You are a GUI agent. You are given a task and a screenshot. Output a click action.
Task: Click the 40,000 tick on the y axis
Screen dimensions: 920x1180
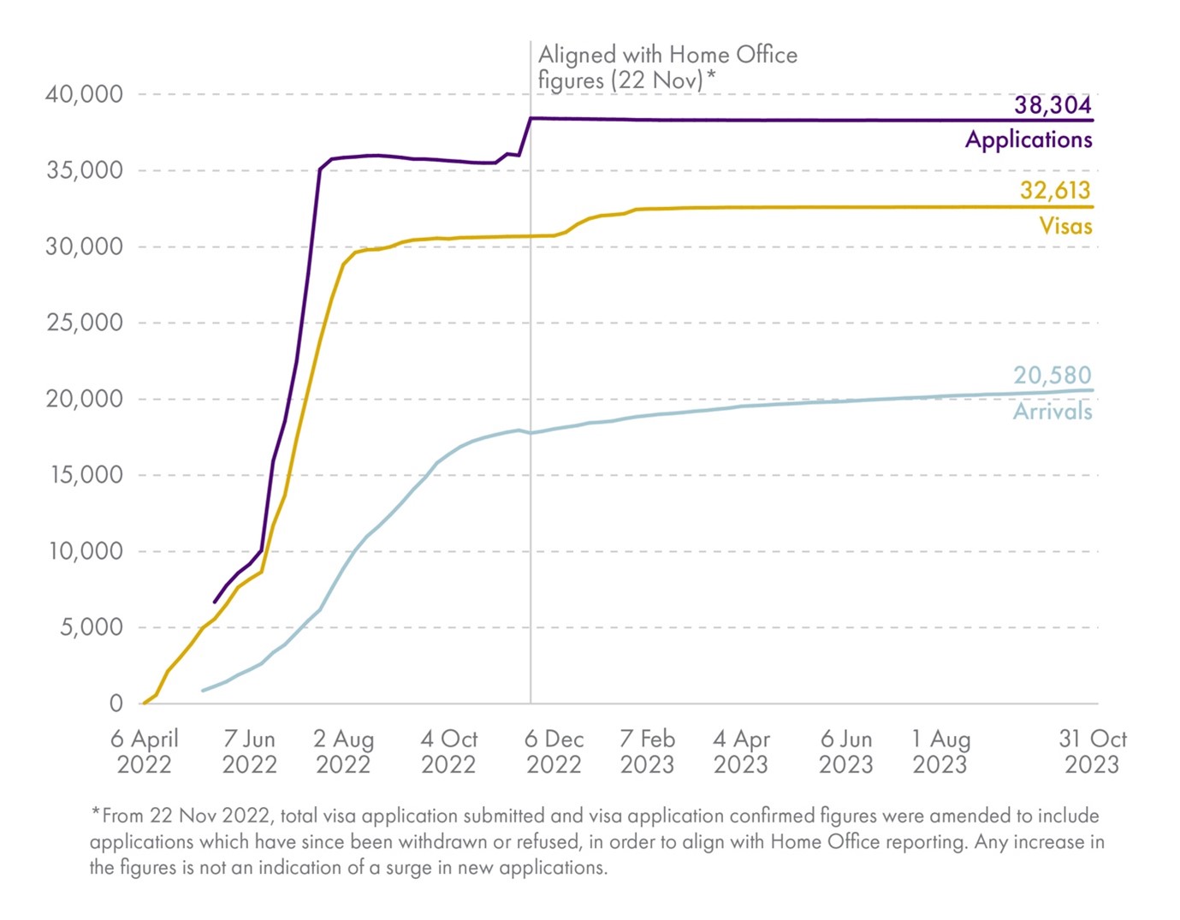tap(84, 94)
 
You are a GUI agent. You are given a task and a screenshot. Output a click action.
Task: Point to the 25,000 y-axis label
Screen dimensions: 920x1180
tap(84, 323)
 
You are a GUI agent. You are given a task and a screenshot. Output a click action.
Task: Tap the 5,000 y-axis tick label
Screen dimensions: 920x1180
tap(91, 627)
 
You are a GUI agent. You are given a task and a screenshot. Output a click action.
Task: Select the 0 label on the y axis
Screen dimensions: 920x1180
tap(116, 703)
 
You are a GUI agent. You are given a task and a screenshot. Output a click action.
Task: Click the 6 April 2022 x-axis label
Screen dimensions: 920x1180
tap(144, 751)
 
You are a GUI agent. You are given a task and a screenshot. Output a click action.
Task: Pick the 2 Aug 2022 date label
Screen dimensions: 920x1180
tap(343, 751)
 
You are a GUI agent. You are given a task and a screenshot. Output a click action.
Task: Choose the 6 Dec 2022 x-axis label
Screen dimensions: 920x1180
tap(554, 751)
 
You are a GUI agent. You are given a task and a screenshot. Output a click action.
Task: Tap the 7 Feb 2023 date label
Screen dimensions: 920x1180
tap(647, 751)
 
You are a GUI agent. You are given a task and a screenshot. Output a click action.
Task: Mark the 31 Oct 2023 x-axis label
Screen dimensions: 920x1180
tap(1092, 751)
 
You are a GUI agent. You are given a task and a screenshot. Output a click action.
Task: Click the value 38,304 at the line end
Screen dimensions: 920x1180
tap(1053, 105)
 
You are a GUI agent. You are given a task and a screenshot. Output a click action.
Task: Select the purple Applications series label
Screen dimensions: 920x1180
tap(1029, 139)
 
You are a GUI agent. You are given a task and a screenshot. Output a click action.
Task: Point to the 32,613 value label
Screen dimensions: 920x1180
tap(1055, 190)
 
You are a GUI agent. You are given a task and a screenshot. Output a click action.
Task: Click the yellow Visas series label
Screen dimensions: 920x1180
tap(1065, 226)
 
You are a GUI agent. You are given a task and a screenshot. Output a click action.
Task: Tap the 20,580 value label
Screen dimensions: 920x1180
tap(1053, 375)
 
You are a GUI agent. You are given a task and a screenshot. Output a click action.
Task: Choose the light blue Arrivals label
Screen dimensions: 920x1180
tap(1053, 412)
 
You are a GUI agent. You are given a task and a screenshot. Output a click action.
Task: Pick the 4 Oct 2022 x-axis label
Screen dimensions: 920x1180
tap(448, 751)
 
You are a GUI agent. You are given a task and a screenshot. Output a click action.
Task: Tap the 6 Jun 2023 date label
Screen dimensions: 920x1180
tap(845, 751)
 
